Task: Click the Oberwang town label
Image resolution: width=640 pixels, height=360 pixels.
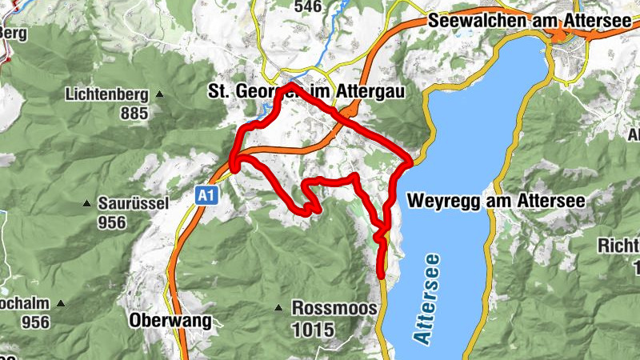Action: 170,322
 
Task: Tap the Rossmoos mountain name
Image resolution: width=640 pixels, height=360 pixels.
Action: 328,308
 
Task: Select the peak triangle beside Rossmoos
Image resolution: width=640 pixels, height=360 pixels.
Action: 278,308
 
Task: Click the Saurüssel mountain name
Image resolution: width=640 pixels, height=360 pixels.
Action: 133,203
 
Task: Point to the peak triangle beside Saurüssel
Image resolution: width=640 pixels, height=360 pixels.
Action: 86,203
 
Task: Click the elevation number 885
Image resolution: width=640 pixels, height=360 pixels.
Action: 134,113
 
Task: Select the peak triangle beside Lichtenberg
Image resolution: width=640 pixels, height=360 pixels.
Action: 158,95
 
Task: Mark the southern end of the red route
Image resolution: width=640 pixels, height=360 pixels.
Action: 381,277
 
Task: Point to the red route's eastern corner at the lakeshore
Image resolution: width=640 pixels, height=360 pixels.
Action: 410,161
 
